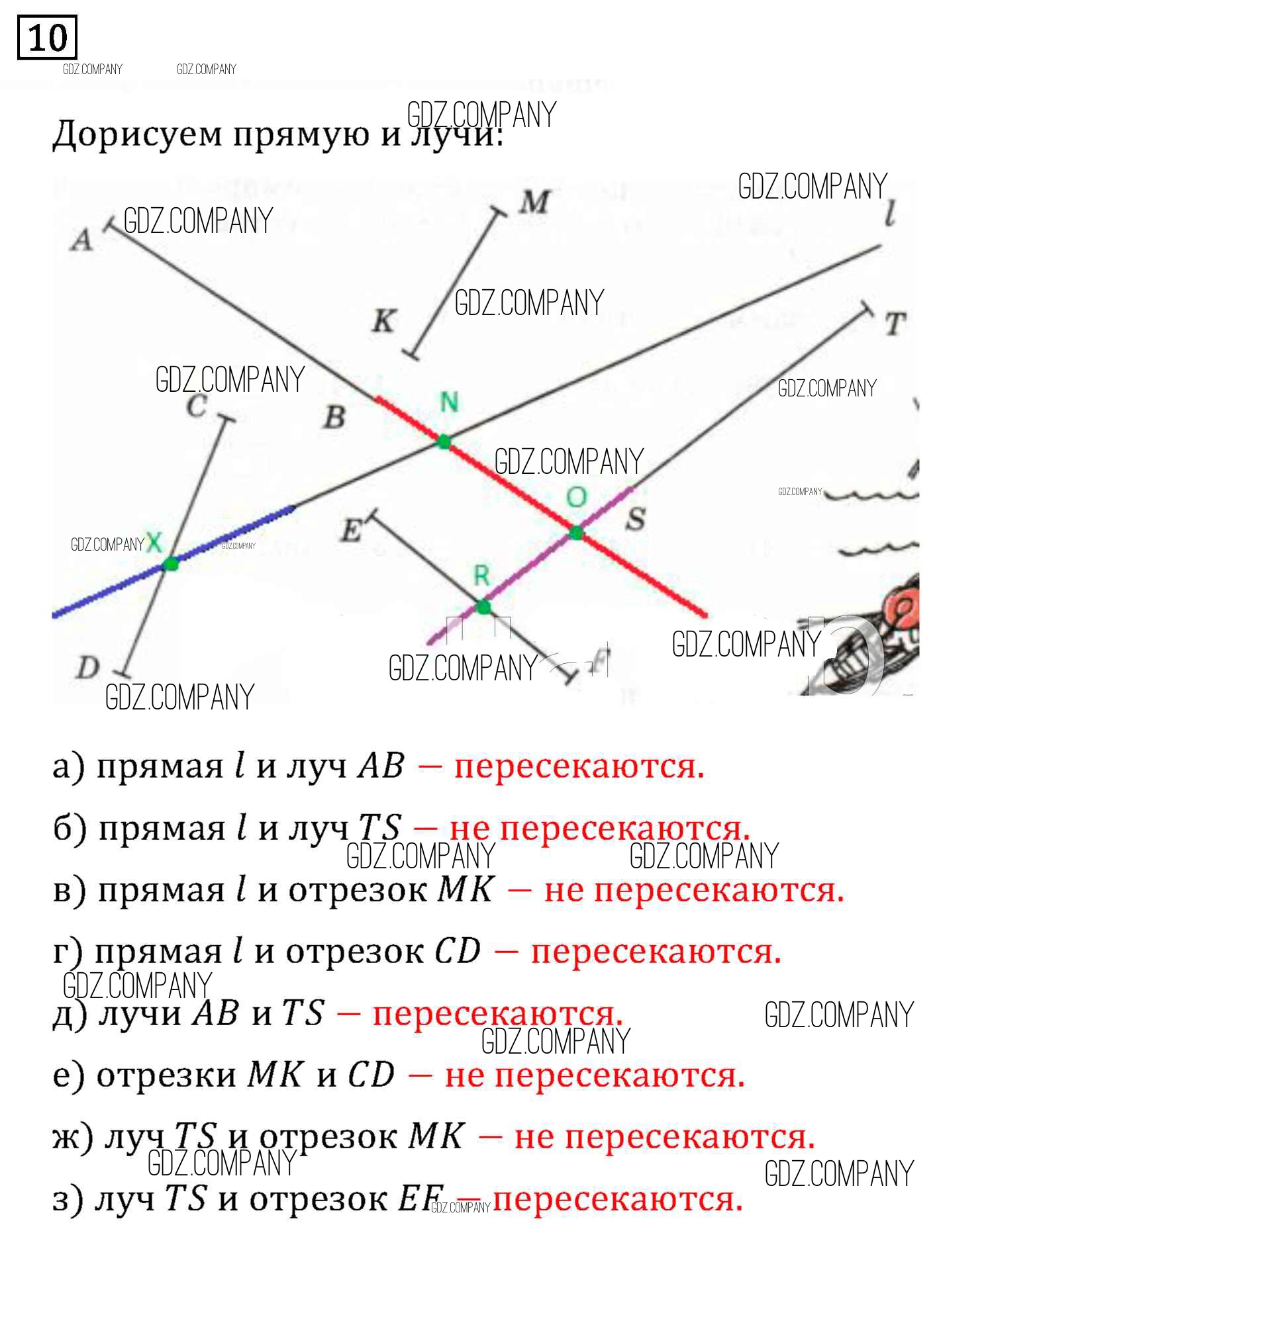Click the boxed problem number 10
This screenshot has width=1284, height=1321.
(47, 38)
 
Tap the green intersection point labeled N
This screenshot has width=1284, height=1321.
(444, 441)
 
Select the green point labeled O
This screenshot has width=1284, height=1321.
(576, 533)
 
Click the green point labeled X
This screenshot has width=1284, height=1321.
(172, 563)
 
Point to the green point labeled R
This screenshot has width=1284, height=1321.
(483, 608)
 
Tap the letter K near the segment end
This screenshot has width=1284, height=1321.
(383, 321)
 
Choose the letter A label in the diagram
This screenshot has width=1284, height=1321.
(82, 240)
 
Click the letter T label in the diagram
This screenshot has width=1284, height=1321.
(894, 324)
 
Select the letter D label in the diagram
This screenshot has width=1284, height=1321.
(87, 667)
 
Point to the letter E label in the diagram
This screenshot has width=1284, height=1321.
(352, 530)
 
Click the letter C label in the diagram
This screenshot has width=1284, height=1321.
(196, 406)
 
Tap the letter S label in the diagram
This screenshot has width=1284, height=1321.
(635, 519)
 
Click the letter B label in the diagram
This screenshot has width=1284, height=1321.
(334, 417)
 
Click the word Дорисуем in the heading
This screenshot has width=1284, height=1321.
(138, 134)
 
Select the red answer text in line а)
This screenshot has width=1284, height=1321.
(579, 766)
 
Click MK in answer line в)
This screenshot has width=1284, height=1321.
(466, 889)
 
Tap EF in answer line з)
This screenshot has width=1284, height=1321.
(420, 1199)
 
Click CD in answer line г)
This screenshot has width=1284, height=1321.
(457, 952)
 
